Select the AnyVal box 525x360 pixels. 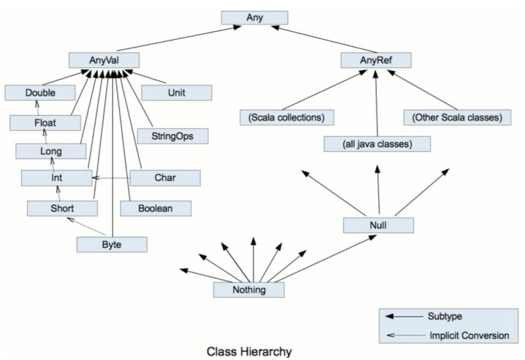104,60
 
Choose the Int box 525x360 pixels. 56,178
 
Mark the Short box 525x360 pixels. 62,208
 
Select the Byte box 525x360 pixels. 112,244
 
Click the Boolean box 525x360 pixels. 156,208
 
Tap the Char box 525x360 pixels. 165,177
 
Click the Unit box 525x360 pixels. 176,92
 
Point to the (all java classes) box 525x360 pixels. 377,144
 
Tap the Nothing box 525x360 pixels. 249,289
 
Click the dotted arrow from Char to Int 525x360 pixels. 111,178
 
